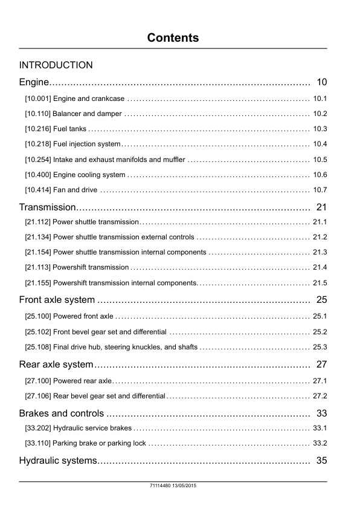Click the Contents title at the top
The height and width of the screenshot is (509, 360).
[173, 38]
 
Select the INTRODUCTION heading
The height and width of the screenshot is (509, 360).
[56, 65]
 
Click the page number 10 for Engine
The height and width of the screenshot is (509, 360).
[321, 82]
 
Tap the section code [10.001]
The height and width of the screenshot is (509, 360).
[37, 99]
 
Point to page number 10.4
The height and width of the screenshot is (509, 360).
[320, 144]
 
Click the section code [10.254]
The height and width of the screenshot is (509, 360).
[37, 160]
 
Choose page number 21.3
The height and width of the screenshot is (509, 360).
[320, 252]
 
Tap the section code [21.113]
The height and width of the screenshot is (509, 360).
[37, 267]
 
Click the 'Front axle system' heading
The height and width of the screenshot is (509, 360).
[57, 299]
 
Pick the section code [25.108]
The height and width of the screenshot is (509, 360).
[37, 347]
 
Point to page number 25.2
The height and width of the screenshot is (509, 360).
[320, 332]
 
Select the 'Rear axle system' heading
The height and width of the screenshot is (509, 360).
[56, 364]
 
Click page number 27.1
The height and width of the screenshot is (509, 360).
[320, 381]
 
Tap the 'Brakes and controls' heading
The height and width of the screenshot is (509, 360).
[62, 413]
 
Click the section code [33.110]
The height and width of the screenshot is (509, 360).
[37, 443]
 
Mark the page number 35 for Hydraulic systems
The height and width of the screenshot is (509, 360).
[321, 461]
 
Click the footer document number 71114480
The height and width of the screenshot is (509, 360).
[161, 486]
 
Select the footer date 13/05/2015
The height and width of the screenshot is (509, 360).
[186, 486]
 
